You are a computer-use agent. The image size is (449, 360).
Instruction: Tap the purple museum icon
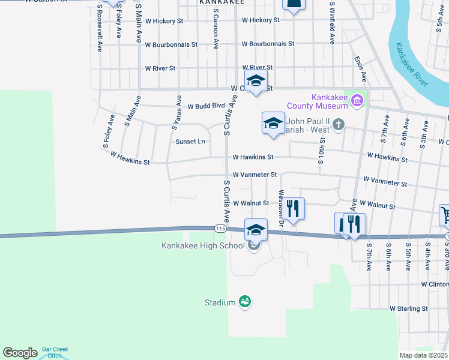(x=358, y=100)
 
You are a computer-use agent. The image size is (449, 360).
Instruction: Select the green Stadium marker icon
(x=244, y=302)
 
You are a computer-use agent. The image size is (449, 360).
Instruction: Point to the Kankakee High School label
(x=203, y=245)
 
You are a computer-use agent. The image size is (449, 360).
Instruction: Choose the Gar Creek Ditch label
(x=55, y=352)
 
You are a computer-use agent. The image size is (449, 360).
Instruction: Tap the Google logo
(x=20, y=353)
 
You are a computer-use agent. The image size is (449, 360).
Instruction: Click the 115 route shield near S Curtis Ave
(x=220, y=229)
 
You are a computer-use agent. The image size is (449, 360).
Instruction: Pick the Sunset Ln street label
(x=190, y=142)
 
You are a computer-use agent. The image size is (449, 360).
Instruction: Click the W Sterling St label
(x=408, y=308)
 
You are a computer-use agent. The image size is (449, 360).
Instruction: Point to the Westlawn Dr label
(x=281, y=208)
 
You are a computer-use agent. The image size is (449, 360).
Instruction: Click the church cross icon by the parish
(x=339, y=124)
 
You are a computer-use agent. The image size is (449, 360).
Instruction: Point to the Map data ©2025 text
(x=423, y=355)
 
